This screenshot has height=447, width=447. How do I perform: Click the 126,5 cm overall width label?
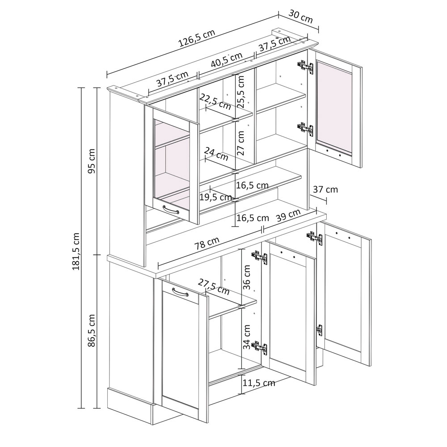pyautogui.click(x=196, y=38)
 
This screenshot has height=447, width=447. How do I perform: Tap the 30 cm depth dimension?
pyautogui.click(x=301, y=17)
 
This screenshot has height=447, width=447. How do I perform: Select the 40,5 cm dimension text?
pyautogui.click(x=226, y=60)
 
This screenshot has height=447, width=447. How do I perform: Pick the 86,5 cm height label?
pyautogui.click(x=92, y=330)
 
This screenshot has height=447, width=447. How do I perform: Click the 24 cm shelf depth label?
pyautogui.click(x=216, y=154)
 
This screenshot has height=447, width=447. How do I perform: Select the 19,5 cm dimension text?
pyautogui.click(x=215, y=197)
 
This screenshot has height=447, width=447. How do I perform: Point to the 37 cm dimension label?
pyautogui.click(x=325, y=189)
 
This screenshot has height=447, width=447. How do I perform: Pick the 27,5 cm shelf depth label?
pyautogui.click(x=214, y=287)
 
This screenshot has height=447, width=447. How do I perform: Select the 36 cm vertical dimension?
pyautogui.click(x=246, y=277)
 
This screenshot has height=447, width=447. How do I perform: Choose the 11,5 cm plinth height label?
pyautogui.click(x=259, y=383)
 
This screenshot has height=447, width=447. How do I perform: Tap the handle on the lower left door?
pyautogui.click(x=180, y=292)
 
